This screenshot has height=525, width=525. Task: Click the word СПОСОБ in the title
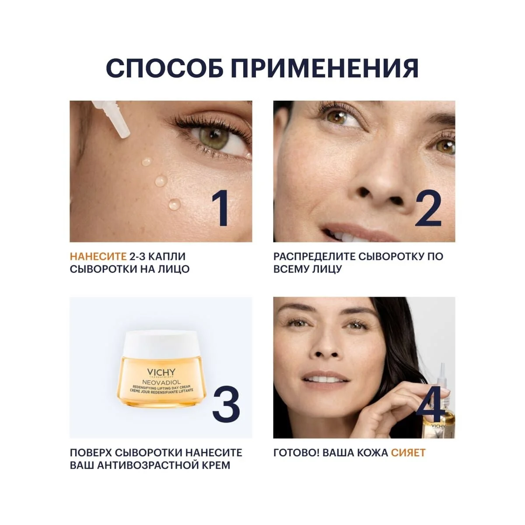[164, 68]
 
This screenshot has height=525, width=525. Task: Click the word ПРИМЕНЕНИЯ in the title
[325, 68]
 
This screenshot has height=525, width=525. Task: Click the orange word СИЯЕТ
[408, 452]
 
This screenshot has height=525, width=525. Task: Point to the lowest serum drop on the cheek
[174, 203]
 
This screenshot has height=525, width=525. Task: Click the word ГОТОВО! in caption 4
[296, 452]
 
